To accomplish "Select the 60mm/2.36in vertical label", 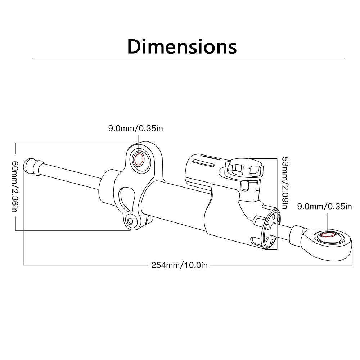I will point(15,186).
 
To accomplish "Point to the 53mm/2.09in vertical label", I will point(284,183).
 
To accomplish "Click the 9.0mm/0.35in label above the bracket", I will point(138,128).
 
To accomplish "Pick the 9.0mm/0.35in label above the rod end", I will point(324,206).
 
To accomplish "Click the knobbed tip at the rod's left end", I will point(31,166).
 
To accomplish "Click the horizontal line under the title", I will point(187,59).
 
